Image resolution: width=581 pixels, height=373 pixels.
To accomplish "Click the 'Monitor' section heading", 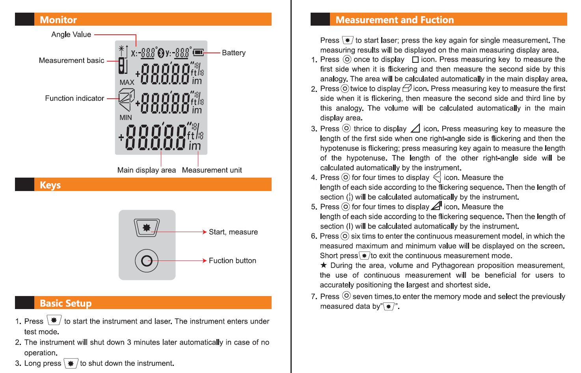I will point(58,20).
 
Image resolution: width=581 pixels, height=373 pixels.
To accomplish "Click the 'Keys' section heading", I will point(50,185).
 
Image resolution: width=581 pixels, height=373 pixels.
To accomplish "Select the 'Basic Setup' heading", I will point(65,303).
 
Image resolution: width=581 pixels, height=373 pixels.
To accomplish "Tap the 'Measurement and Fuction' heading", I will point(395,20).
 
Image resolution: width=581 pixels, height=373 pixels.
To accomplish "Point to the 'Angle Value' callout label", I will point(71,35).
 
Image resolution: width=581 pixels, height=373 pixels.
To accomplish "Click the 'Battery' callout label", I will point(233,53).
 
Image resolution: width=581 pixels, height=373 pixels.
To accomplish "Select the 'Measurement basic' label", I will point(71,60).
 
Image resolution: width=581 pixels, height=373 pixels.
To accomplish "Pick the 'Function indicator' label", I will point(74,98).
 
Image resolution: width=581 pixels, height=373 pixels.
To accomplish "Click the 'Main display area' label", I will point(146,170).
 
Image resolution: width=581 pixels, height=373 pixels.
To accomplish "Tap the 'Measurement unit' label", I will point(212,170).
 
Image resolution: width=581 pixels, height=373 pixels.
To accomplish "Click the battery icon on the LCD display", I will point(198,52).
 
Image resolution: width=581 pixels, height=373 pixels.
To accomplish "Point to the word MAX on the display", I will point(127,82).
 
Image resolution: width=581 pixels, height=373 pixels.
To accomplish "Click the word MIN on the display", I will point(126,118).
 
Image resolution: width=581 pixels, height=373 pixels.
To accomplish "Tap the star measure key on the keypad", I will point(147,227).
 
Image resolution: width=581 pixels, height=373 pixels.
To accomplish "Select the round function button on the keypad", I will point(147,261).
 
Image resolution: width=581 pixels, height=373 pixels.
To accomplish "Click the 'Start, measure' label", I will point(233,232).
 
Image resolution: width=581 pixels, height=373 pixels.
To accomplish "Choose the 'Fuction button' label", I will point(232,261).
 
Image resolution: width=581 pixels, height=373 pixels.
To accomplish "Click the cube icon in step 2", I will point(407,88).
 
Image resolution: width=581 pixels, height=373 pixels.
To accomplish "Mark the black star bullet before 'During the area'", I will point(324,265).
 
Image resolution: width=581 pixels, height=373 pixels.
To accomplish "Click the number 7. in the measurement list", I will point(314,296).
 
